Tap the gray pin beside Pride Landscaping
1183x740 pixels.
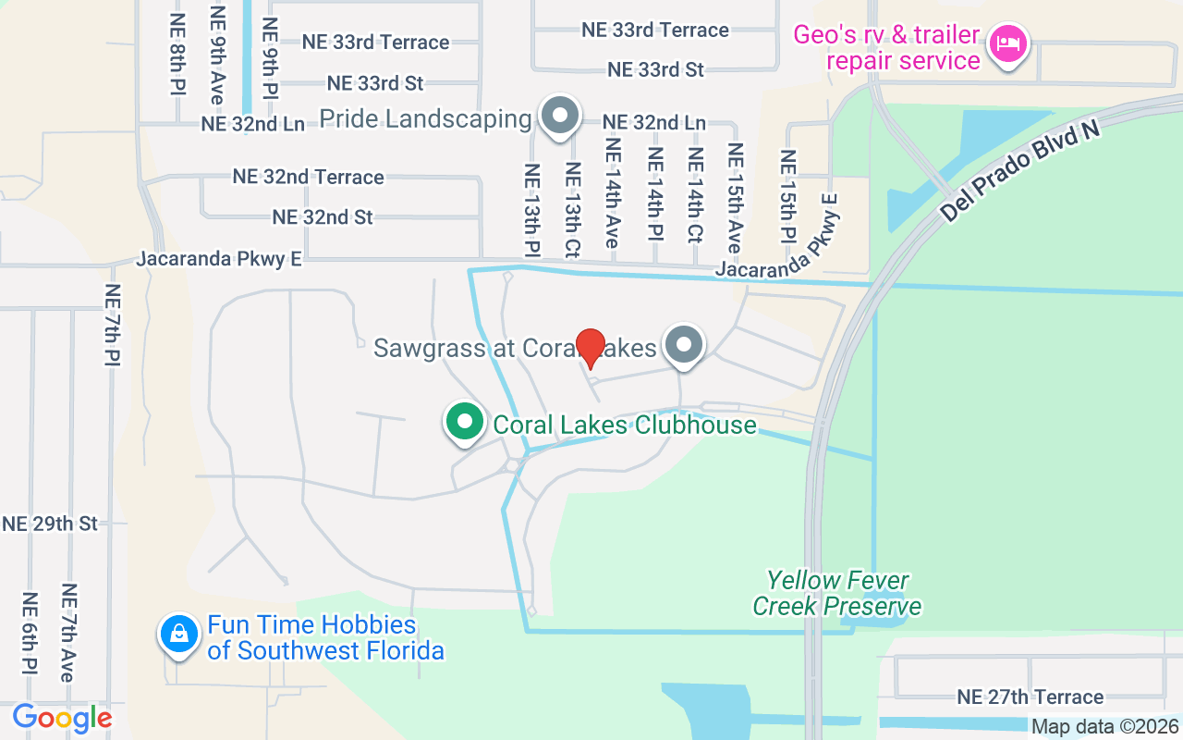(x=559, y=117)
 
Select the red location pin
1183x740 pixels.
(x=590, y=348)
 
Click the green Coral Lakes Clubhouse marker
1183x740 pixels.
(x=466, y=423)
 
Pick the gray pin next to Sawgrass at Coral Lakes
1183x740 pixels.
(x=684, y=346)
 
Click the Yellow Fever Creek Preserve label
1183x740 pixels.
(x=836, y=593)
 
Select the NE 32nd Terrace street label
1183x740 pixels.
(x=309, y=177)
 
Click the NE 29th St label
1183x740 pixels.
(x=50, y=524)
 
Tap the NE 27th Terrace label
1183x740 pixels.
(x=1030, y=697)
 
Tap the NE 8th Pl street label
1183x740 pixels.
(x=177, y=55)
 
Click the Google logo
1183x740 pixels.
(x=62, y=717)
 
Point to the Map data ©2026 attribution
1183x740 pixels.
(x=1105, y=727)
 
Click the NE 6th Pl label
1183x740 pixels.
(x=30, y=633)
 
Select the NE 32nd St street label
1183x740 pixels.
(x=323, y=216)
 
